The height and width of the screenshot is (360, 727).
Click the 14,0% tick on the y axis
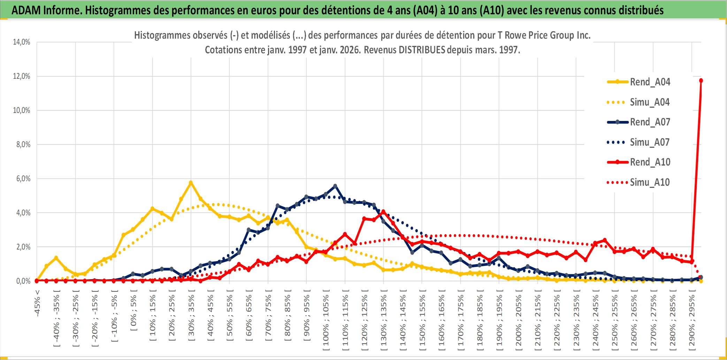[x=22, y=42]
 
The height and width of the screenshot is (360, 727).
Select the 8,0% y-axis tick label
[x=23, y=145]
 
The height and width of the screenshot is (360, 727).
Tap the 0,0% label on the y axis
[x=23, y=281]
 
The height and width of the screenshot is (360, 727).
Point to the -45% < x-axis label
[x=37, y=303]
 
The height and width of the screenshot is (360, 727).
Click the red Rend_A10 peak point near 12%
[x=701, y=81]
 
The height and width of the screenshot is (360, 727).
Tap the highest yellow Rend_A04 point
[x=191, y=182]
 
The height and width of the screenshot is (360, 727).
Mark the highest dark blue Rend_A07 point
[x=335, y=186]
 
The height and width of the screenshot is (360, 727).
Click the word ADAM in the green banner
[x=26, y=10]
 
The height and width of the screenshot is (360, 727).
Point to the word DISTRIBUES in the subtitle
[x=422, y=50]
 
